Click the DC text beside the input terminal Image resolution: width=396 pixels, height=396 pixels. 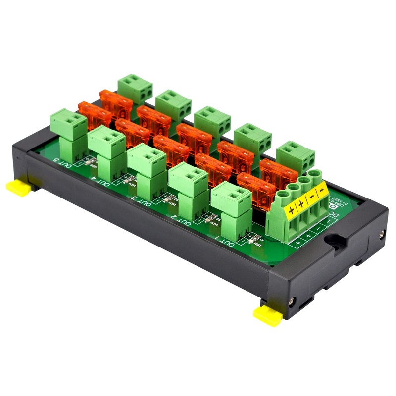pyautogui.click(x=334, y=216)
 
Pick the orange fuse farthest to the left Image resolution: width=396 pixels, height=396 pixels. pyautogui.click(x=94, y=115)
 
